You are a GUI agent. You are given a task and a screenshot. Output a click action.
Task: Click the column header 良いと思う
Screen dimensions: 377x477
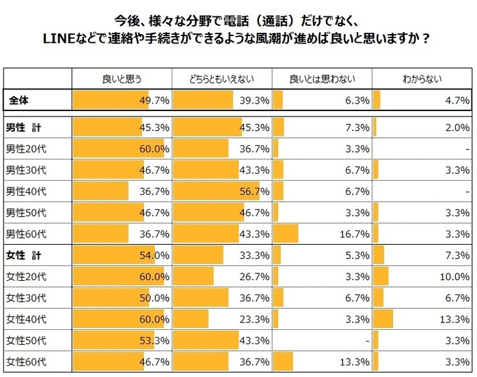coord(121,79)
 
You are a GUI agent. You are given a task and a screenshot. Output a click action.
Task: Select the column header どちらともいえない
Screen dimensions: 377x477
coord(221,79)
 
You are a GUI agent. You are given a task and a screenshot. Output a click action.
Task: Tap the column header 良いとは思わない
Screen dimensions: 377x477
coord(322,79)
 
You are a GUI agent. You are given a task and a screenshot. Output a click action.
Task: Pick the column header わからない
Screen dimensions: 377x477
coord(421,79)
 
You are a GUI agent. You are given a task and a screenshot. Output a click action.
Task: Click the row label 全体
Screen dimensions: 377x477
coord(19,100)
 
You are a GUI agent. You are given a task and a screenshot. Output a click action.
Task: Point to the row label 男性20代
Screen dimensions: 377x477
coord(27,149)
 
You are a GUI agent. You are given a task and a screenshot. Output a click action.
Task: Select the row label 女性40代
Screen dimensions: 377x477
coord(27,318)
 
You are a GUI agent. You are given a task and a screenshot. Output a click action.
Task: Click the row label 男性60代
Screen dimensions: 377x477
coord(27,234)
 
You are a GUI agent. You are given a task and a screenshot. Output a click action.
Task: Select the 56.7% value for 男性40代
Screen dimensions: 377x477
coord(253,191)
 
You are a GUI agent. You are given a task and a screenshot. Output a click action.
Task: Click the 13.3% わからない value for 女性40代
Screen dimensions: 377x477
coord(454,318)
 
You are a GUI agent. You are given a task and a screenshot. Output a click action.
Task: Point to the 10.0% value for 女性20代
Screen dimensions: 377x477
coord(454,276)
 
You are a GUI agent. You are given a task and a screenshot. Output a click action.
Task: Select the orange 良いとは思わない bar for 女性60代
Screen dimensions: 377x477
coord(283,361)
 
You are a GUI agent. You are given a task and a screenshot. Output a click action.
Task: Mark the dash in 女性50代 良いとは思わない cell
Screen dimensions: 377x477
coord(367,340)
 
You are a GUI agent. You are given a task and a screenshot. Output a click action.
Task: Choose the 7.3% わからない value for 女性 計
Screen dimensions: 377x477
coord(456,255)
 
